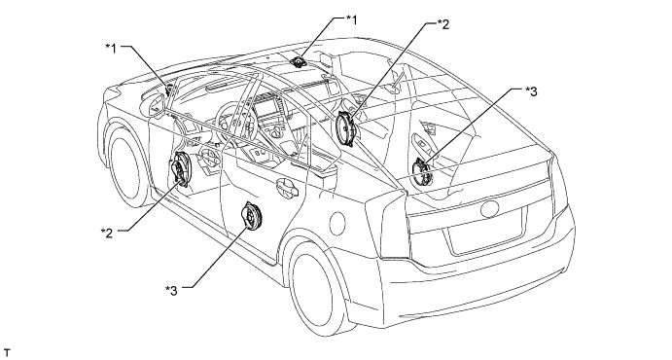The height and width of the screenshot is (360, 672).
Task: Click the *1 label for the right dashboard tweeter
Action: pos(350,19)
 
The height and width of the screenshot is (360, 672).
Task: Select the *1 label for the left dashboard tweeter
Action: pos(111,48)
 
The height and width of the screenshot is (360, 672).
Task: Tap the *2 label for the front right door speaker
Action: pos(444,24)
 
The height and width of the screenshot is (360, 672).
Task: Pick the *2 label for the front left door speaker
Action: pos(107,233)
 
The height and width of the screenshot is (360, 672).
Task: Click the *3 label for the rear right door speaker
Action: pos(531,90)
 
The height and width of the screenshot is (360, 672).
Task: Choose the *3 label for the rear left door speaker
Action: pos(171,290)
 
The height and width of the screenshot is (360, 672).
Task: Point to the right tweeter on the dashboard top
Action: pos(297,62)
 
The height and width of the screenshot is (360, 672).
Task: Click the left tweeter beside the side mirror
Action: pos(168,90)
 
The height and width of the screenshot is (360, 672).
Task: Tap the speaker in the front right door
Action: pos(345,128)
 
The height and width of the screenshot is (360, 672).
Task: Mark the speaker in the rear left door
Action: pos(252,216)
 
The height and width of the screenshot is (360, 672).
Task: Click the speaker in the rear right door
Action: pos(422,171)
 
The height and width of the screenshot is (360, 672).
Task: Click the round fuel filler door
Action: pos(337,223)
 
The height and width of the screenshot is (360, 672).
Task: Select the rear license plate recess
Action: pos(485,232)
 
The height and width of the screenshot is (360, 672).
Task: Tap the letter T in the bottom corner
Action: pos(6,353)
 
